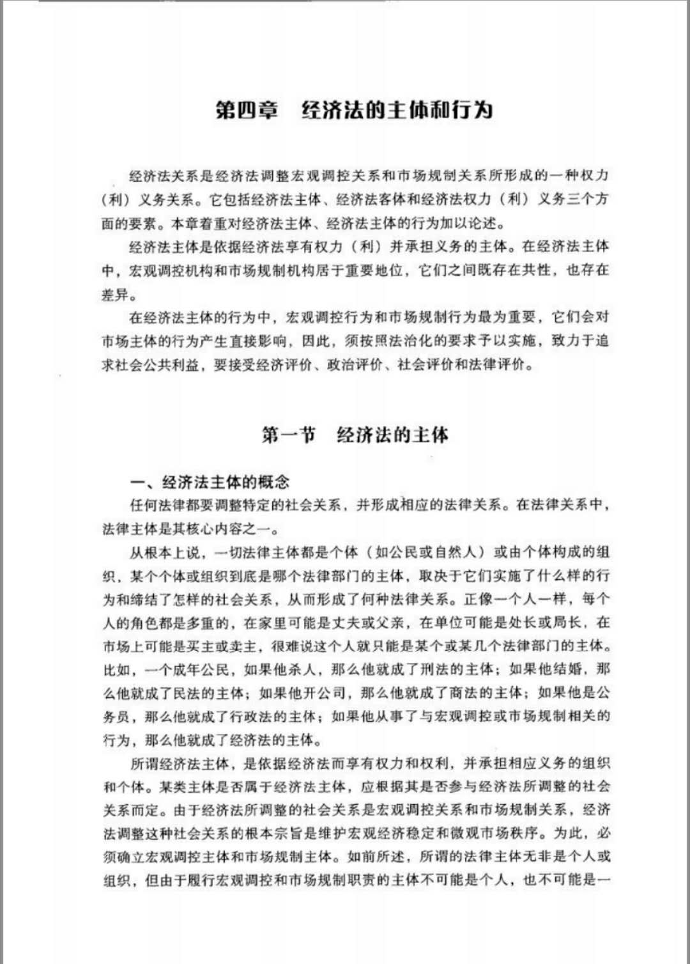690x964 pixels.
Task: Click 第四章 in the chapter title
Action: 247,110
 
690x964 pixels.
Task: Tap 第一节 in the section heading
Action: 288,435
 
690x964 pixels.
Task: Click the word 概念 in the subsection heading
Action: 274,482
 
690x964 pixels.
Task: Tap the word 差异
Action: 116,295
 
